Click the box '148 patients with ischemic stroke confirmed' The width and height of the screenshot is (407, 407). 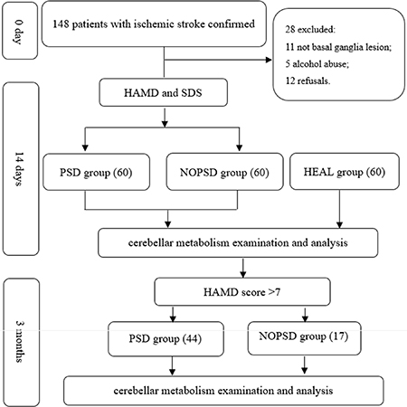pos(154,24)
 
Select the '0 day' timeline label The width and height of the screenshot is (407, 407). pos(20,32)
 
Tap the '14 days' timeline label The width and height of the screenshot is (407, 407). pos(21,169)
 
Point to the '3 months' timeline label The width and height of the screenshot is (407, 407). pos(21,342)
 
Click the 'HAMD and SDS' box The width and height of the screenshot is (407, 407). pos(163,92)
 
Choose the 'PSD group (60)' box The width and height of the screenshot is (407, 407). pos(96,172)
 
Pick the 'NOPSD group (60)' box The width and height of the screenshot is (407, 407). pos(224,172)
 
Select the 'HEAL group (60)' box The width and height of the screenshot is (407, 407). pos(345,172)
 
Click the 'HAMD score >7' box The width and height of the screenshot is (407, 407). pos(242,292)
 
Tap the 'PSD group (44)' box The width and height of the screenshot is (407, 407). pos(166,339)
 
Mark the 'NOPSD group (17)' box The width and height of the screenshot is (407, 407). pos(304,338)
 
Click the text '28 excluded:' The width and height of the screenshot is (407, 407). pos(310,29)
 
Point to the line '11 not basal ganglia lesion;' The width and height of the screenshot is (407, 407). pos(338,47)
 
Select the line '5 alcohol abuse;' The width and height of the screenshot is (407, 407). pos(317,64)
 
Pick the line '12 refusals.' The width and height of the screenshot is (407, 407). pos(308,80)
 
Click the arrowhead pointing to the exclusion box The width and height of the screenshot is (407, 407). pos(269,60)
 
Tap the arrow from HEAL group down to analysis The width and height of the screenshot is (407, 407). pos(339,209)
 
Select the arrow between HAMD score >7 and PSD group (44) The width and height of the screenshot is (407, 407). pos(173,314)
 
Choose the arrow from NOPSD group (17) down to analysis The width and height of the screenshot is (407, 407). pos(305,365)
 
